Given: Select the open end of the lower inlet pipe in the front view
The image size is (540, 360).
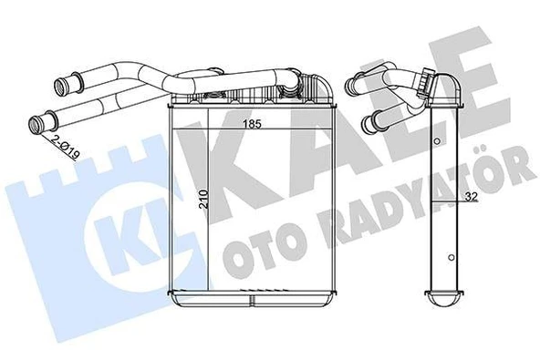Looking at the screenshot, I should point(39,121).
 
